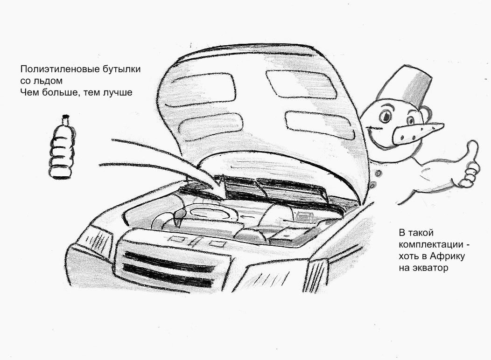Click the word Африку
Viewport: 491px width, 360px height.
click(448, 256)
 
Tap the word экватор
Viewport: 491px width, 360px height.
click(431, 268)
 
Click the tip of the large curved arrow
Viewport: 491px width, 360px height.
click(222, 198)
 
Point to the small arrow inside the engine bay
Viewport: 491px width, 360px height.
click(247, 216)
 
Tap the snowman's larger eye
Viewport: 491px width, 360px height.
click(385, 117)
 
